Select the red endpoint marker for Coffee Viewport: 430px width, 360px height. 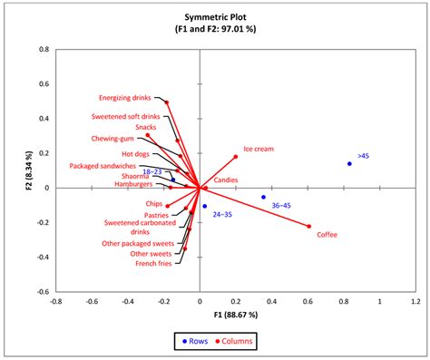(308, 227)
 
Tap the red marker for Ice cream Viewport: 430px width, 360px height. (236, 157)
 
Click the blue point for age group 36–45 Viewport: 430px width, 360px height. (264, 197)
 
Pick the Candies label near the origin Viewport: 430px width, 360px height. (227, 181)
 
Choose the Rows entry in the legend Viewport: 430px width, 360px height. (196, 341)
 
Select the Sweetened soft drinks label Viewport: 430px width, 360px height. (126, 117)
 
